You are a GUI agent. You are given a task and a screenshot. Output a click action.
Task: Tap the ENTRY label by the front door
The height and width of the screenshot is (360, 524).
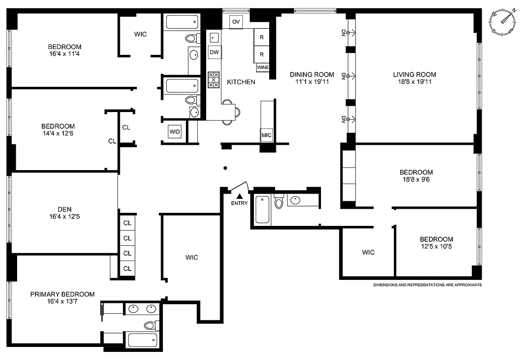239,203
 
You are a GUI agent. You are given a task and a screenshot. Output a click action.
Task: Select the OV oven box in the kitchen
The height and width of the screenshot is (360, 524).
236,22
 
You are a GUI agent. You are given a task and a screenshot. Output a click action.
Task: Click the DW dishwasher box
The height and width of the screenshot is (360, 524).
215,53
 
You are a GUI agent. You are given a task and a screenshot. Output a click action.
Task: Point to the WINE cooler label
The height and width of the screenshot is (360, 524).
263,67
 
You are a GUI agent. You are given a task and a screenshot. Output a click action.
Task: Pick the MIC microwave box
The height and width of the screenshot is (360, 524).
267,135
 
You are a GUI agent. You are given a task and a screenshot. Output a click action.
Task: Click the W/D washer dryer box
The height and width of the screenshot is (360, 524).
175,132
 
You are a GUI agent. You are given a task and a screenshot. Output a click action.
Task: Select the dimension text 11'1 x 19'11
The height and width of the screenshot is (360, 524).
312,82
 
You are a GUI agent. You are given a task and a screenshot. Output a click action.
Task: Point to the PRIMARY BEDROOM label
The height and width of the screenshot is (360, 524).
63,294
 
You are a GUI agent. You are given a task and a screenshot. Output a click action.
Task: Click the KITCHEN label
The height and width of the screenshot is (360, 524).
241,82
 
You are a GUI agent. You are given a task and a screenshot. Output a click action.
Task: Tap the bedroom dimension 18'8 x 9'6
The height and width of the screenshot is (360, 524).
416,180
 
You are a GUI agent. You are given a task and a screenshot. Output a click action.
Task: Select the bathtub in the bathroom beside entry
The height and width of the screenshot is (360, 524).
263,210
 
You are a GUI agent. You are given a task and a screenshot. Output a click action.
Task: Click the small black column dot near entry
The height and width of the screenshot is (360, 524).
225,168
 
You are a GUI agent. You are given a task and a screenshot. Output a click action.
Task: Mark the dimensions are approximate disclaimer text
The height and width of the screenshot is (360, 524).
427,285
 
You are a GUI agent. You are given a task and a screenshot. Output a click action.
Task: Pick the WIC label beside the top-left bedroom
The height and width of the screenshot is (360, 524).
140,34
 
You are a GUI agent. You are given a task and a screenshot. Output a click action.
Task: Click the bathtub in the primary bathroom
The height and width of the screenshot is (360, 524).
142,340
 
